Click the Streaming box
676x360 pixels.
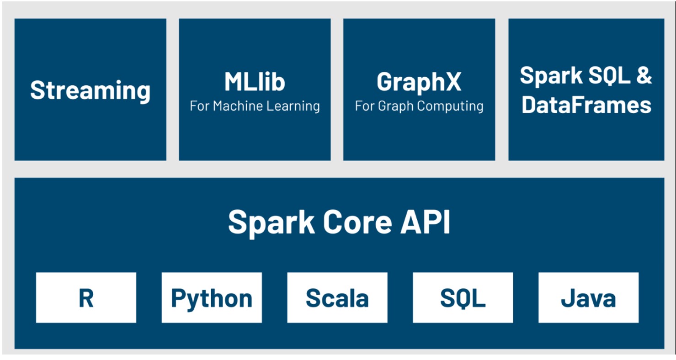coord(90,90)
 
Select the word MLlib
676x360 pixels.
coord(255,82)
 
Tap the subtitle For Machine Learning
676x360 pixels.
coord(255,106)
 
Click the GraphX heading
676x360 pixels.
coord(419,82)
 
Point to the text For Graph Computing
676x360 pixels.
coord(419,106)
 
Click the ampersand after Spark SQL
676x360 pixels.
coord(643,75)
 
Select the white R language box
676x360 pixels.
coord(86,298)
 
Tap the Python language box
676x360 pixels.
coord(212,298)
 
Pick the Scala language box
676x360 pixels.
coord(337,298)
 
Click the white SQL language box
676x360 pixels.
coord(463,298)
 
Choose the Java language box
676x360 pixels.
coord(588,298)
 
